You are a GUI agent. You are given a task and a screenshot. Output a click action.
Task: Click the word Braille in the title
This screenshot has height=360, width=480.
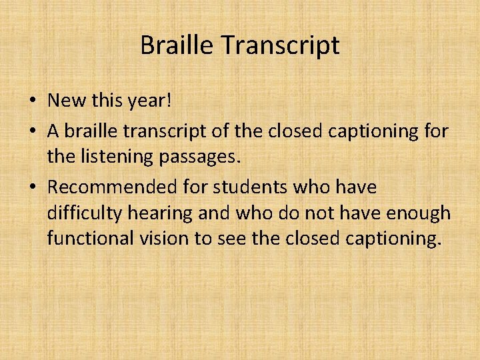(x=177, y=45)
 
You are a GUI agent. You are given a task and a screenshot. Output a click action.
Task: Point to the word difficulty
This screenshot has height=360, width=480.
(x=81, y=214)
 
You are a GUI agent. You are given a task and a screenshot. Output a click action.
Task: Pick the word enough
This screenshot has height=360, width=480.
(x=420, y=214)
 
